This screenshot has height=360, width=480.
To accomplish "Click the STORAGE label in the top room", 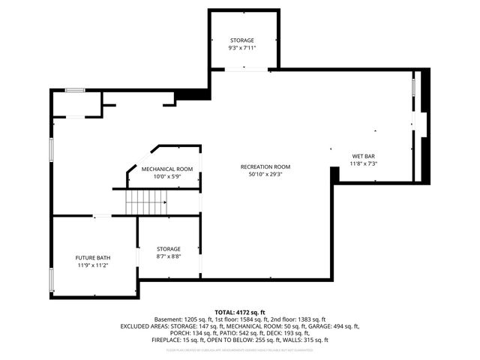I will point(242,40).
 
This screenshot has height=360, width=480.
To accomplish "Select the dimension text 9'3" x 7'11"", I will point(242,47).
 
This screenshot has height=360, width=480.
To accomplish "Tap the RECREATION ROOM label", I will point(265,166).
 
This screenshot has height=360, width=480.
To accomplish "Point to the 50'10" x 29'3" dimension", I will point(265,174).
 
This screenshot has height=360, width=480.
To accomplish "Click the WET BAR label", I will point(364,156).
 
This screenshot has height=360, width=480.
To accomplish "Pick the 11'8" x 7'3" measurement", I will point(364,163).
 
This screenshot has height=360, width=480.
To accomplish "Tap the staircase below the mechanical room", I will point(145,201).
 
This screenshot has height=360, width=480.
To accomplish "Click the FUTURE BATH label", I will point(93,257).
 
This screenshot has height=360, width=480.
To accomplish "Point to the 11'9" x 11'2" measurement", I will point(93,265).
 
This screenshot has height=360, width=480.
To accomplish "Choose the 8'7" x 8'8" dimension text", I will point(168,256).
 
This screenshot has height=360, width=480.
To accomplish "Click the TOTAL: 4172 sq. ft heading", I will point(240,312).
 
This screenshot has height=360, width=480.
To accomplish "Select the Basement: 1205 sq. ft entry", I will point(183,319).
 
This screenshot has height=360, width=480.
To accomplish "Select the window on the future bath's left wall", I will point(51,280).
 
